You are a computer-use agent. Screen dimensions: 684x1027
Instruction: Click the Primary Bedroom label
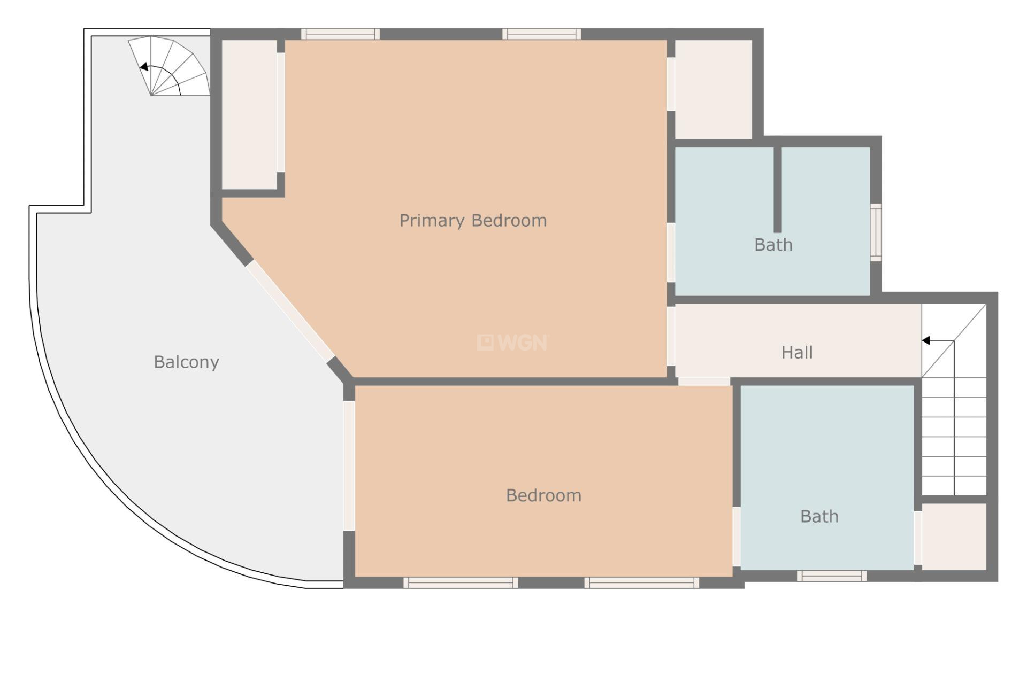coord(473,221)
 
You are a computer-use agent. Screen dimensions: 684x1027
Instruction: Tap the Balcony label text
coord(186,362)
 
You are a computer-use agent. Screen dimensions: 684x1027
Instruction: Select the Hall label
coord(797,353)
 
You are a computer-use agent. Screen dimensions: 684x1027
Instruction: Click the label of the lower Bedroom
coord(543,495)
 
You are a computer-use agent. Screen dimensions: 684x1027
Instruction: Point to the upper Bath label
coord(773,245)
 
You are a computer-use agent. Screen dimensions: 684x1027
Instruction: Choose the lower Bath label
coord(819,517)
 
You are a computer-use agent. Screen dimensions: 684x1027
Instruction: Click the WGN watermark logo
coord(512,343)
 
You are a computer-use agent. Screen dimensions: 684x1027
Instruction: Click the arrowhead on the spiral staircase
coord(143,67)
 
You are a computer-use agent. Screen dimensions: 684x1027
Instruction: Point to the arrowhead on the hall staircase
coord(926,340)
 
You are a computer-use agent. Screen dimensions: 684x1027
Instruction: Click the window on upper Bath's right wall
coord(876,232)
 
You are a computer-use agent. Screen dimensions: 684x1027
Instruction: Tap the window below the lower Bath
coord(831,576)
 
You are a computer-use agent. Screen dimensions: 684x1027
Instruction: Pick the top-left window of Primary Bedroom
coord(340,34)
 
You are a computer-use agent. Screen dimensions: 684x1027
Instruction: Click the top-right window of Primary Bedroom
coord(542,34)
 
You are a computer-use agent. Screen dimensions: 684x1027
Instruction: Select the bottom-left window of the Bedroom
coord(461,583)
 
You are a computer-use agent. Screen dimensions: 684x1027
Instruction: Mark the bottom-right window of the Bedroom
coord(641,583)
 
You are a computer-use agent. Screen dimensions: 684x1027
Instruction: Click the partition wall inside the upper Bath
coord(778,190)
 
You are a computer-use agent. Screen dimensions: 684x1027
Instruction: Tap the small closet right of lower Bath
coord(954,536)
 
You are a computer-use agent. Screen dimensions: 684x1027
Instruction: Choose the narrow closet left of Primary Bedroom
coord(249,114)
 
